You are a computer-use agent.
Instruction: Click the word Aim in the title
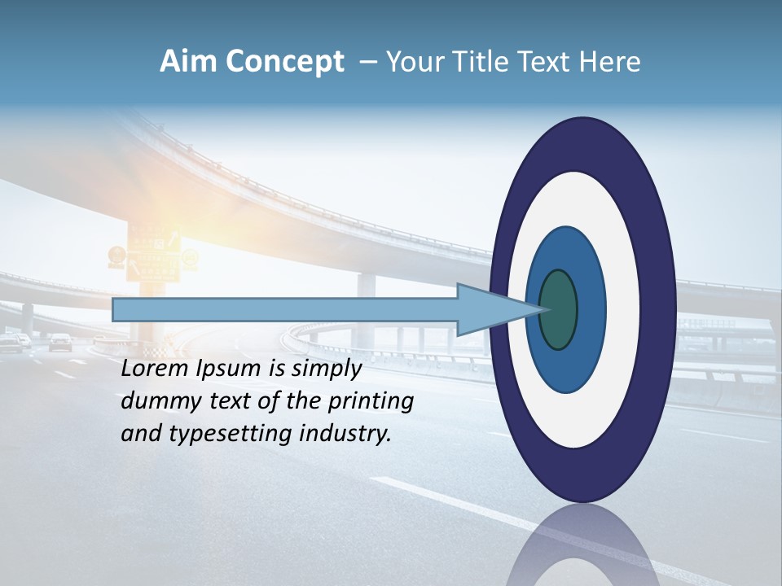[x=188, y=62]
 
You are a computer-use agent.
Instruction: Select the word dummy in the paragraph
[x=156, y=401]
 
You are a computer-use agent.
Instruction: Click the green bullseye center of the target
[x=559, y=309]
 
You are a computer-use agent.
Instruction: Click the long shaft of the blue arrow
[x=285, y=309]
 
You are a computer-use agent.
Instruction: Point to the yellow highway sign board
[x=153, y=254]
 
